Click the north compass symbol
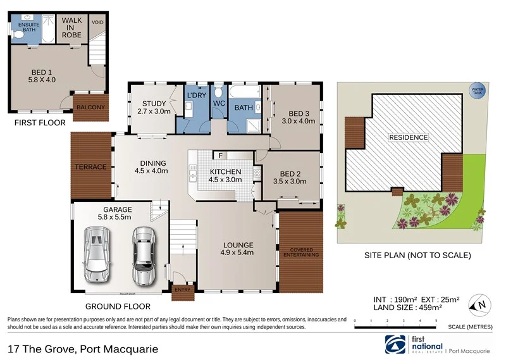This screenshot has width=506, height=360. pyautogui.click(x=479, y=307)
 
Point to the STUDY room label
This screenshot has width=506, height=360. pyautogui.click(x=154, y=104)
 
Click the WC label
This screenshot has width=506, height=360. pyautogui.click(x=219, y=102)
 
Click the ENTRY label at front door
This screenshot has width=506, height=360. pyautogui.click(x=182, y=290)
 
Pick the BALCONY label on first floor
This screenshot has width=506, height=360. pyautogui.click(x=91, y=107)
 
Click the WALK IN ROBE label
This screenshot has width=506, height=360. pyautogui.click(x=71, y=25)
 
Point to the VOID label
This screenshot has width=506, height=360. pyautogui.click(x=97, y=22)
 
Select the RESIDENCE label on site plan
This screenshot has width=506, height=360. pyautogui.click(x=408, y=137)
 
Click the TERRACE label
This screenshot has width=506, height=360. pyautogui.click(x=91, y=167)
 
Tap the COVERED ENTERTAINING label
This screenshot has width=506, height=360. pyautogui.click(x=300, y=252)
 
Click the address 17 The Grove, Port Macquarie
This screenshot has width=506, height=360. pyautogui.click(x=82, y=349)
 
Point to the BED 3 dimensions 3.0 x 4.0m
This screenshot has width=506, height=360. pyautogui.click(x=298, y=121)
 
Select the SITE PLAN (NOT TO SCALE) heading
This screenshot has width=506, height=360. pyautogui.click(x=417, y=256)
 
